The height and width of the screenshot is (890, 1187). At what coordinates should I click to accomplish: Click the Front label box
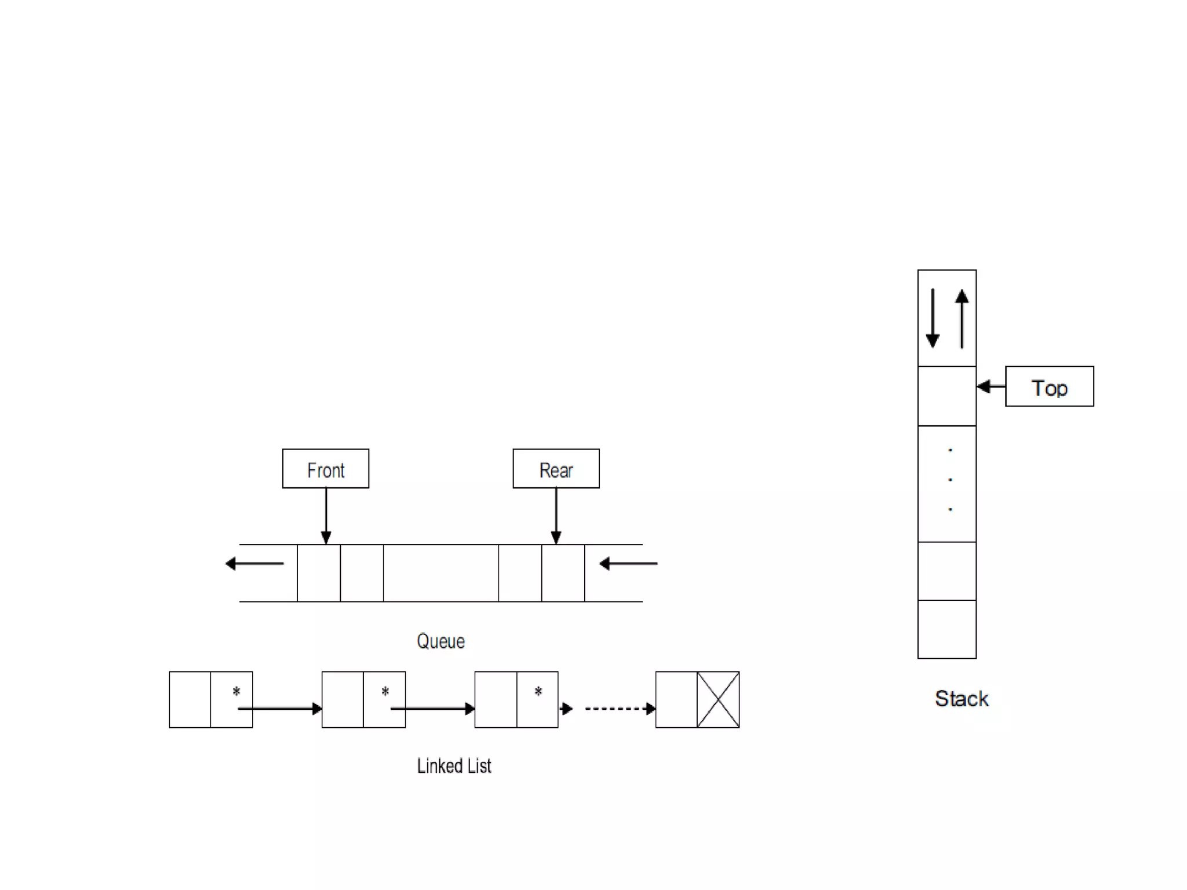[326, 469]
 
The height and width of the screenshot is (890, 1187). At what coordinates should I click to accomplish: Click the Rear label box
[556, 469]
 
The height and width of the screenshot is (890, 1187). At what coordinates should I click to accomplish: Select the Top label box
[1049, 386]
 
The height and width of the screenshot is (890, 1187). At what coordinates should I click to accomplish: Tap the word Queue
[440, 641]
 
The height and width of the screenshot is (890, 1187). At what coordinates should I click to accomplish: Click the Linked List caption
[454, 766]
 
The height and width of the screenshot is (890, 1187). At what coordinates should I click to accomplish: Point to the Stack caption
[962, 699]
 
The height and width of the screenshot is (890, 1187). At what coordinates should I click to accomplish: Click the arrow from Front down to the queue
[326, 516]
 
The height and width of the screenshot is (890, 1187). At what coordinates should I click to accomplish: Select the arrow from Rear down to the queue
[556, 516]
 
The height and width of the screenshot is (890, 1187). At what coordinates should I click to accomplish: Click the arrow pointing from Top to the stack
[991, 386]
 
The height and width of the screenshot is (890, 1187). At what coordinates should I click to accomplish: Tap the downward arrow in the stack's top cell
[933, 318]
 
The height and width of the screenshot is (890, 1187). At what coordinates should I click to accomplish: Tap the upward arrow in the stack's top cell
[962, 318]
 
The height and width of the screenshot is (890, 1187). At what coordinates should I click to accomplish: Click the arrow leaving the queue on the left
[254, 563]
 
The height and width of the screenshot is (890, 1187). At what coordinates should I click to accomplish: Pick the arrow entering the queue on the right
[628, 563]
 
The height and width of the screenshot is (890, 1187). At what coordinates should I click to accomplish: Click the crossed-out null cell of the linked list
[718, 700]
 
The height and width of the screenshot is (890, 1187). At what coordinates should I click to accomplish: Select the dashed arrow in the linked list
[619, 709]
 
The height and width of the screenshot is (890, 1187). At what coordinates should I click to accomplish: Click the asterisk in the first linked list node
[236, 691]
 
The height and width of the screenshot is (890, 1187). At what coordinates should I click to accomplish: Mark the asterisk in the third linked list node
[538, 691]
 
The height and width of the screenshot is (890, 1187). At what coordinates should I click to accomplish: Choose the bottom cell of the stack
[947, 629]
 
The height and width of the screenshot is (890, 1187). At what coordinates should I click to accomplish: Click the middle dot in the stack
[950, 480]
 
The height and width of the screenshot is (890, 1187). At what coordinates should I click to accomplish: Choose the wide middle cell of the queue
[440, 573]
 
